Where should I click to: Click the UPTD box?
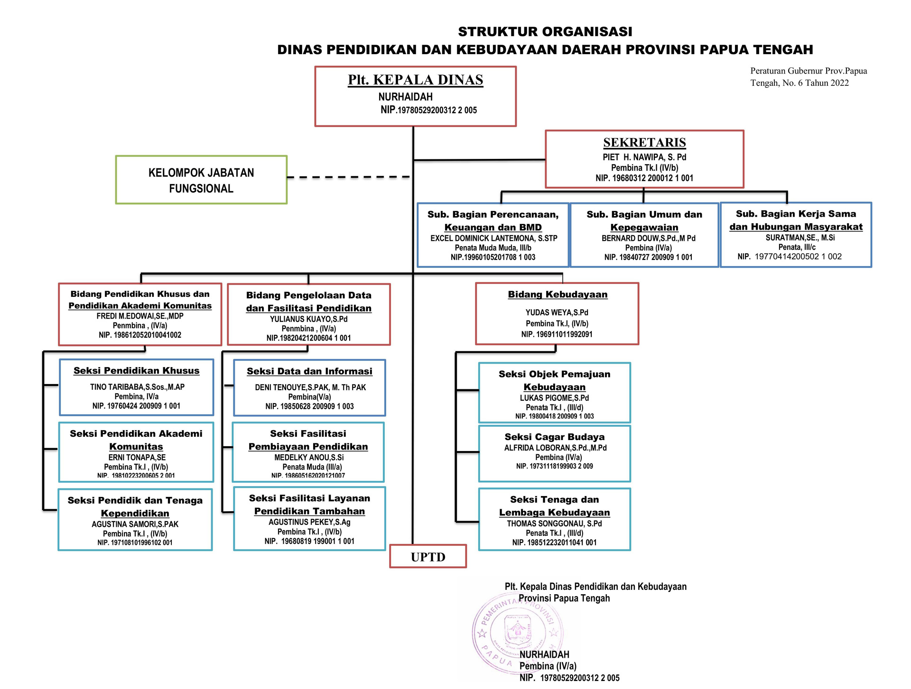click(x=428, y=556)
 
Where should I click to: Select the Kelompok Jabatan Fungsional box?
click(x=201, y=180)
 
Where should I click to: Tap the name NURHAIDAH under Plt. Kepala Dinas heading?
click(x=405, y=97)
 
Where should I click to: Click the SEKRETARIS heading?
click(x=644, y=142)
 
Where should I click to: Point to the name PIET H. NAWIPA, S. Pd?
click(x=644, y=157)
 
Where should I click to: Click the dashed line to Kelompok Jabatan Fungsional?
click(x=349, y=177)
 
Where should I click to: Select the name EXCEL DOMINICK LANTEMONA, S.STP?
click(x=493, y=238)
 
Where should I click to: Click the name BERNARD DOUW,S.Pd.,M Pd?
click(x=648, y=238)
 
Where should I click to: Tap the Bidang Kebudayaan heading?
click(x=558, y=294)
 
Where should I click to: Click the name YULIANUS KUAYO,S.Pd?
click(x=308, y=319)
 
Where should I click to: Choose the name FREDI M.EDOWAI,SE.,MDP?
click(x=140, y=316)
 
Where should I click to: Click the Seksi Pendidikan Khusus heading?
click(x=137, y=371)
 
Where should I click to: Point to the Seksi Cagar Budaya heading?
click(x=554, y=437)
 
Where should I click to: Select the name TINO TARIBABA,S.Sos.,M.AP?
click(x=137, y=387)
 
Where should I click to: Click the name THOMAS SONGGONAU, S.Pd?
click(x=554, y=524)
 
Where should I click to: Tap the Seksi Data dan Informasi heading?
click(x=309, y=371)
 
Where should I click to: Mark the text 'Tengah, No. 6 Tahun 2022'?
click(x=799, y=83)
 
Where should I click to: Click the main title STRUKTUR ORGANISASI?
click(x=545, y=32)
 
